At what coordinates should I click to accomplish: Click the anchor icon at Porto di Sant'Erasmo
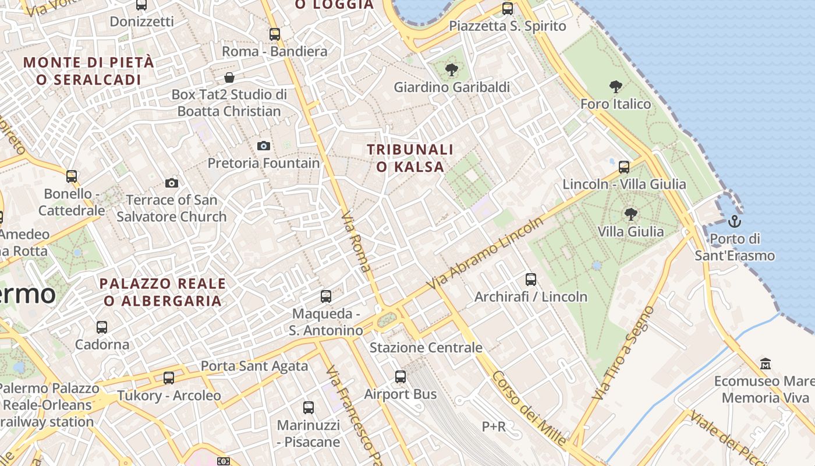coord(734,221)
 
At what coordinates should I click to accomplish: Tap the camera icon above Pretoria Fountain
coord(264,146)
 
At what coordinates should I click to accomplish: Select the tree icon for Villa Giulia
coord(630,214)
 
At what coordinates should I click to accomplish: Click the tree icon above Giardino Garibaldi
coord(451,70)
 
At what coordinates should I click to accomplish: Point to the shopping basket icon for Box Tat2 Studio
coord(230,77)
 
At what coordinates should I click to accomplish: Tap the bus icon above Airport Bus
coord(401,377)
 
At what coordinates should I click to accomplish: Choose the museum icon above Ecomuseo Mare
coord(766,364)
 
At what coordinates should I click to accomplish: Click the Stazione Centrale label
coord(426,348)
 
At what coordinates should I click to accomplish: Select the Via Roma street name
coord(356,242)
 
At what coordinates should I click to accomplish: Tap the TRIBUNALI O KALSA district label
coord(410,158)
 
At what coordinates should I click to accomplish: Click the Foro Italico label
coord(615,104)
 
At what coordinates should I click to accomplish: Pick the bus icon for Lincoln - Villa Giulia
coord(624,167)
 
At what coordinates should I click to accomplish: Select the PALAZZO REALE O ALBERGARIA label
coord(162,292)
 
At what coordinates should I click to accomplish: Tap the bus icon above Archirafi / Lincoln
coord(530,280)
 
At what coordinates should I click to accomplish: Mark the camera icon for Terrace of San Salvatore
coord(172,183)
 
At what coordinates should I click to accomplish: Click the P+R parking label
coord(494,426)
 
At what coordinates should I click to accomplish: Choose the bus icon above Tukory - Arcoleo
coord(169,378)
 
